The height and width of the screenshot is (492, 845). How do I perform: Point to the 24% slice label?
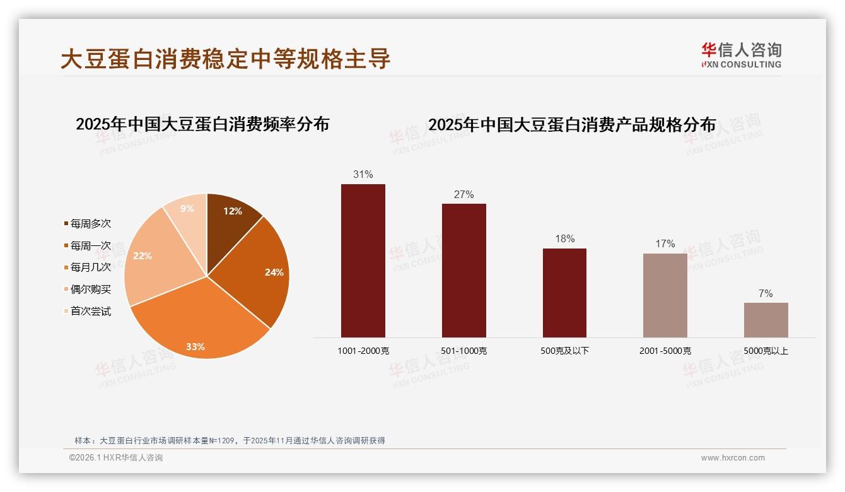pyautogui.click(x=274, y=272)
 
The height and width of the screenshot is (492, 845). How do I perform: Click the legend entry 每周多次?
pyautogui.click(x=90, y=224)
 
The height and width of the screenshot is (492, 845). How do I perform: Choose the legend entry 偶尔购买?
pyautogui.click(x=90, y=289)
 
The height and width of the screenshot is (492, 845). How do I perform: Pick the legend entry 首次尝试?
pyautogui.click(x=90, y=311)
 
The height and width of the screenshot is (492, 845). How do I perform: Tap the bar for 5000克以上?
pyautogui.click(x=766, y=320)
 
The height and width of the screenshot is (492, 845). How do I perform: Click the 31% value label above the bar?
pyautogui.click(x=363, y=175)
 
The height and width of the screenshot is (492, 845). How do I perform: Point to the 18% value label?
pyautogui.click(x=564, y=239)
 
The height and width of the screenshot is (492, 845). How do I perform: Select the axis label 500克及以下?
pyautogui.click(x=564, y=351)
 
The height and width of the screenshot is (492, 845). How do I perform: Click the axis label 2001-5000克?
pyautogui.click(x=665, y=351)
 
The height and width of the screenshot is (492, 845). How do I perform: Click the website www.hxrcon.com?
pyautogui.click(x=733, y=458)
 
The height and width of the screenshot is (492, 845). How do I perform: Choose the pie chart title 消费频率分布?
pyautogui.click(x=202, y=124)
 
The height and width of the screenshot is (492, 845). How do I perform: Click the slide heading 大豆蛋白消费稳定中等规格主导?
pyautogui.click(x=226, y=59)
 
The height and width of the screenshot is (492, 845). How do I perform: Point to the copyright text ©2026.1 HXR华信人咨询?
pyautogui.click(x=116, y=458)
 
